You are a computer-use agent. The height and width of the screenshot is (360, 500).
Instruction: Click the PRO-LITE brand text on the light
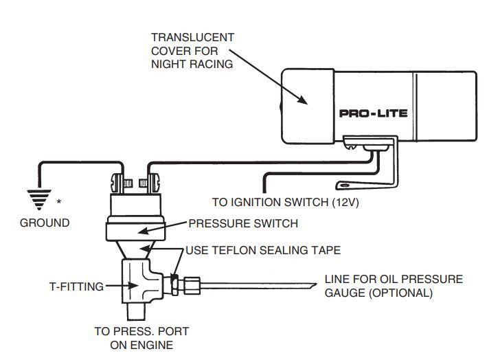coord(373,113)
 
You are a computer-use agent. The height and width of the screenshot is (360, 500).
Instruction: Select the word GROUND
coord(44,223)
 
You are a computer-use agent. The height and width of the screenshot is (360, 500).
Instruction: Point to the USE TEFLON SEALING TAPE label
coord(263,250)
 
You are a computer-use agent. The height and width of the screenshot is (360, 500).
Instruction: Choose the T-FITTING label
coord(76,286)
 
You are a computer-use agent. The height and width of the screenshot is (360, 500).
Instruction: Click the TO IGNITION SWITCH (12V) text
coord(285,203)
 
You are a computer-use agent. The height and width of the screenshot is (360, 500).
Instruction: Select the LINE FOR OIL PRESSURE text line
coord(394,279)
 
